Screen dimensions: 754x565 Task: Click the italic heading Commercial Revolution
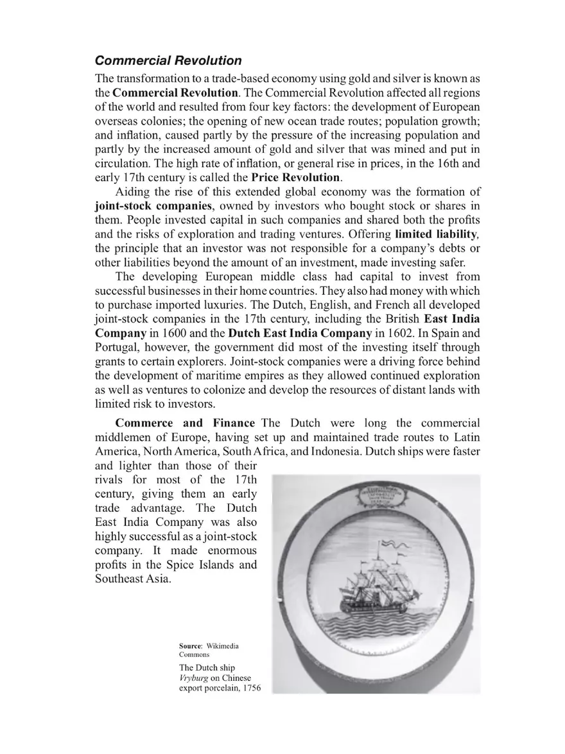(168, 61)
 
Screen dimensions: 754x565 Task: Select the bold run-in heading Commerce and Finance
(185, 423)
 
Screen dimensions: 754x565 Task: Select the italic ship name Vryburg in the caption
(196, 678)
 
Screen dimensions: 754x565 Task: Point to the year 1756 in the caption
(248, 689)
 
